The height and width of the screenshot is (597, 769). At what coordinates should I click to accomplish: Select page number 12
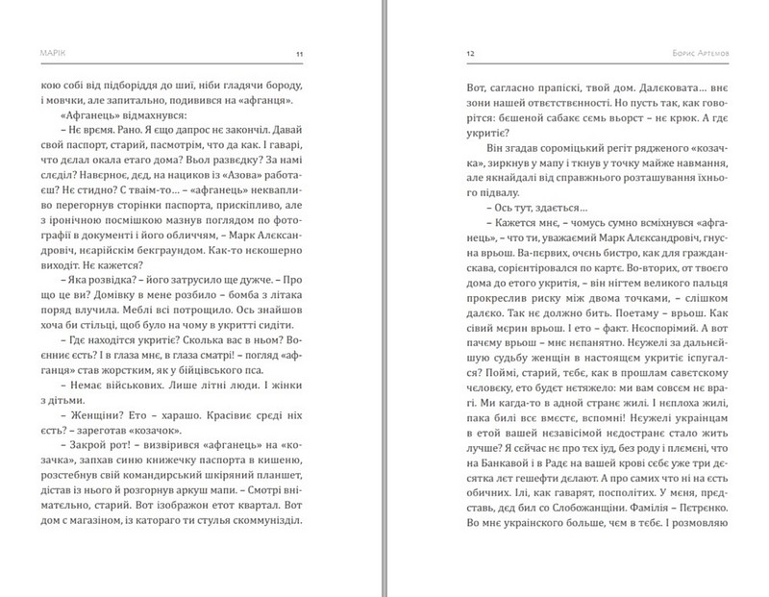(469, 54)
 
